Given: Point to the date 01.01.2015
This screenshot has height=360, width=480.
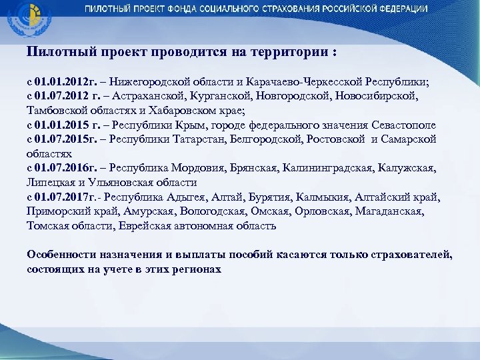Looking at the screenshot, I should (62, 125).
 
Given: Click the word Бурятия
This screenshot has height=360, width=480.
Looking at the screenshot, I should (280, 197).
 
